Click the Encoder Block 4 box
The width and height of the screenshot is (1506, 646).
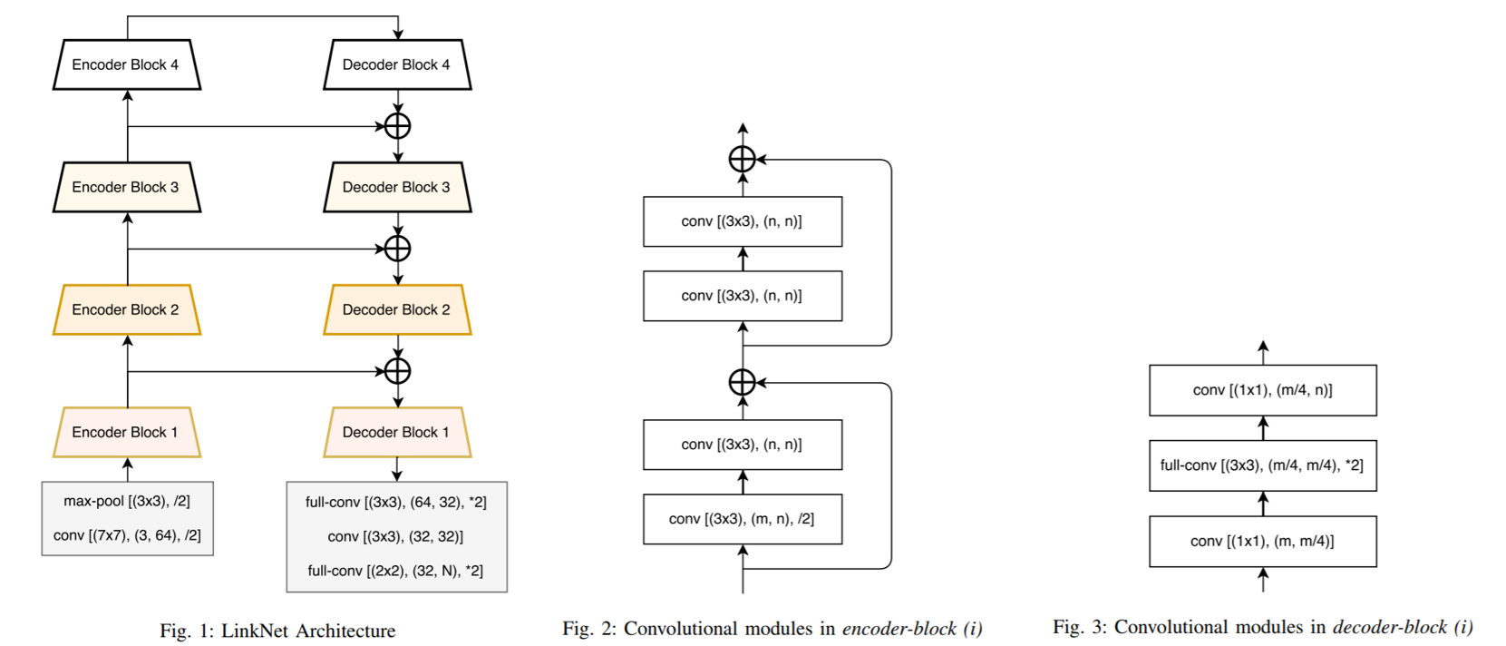point(126,64)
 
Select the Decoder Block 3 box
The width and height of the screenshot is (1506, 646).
point(396,187)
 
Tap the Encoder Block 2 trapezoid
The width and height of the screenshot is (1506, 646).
point(126,309)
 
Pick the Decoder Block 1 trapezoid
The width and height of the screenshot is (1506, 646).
point(396,432)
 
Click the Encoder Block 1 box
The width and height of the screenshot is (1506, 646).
point(126,432)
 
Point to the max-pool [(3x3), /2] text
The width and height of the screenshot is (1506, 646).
point(127,501)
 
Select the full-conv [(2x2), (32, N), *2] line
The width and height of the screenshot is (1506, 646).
point(395,571)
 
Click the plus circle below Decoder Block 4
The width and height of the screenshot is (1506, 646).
point(397,126)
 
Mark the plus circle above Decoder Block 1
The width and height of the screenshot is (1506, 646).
point(397,371)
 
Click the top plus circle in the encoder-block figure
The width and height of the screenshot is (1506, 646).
point(743,160)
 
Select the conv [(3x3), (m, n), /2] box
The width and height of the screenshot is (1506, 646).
point(742,519)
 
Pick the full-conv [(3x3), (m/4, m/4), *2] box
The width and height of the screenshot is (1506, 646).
point(1262,465)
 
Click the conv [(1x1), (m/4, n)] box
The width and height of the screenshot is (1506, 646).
point(1262,390)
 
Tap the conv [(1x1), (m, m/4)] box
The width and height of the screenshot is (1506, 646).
point(1262,541)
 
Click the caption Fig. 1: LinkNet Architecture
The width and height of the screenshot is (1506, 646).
point(277,631)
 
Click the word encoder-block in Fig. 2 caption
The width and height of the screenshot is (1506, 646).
point(899,629)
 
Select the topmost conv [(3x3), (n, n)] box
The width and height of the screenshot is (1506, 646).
point(742,221)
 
